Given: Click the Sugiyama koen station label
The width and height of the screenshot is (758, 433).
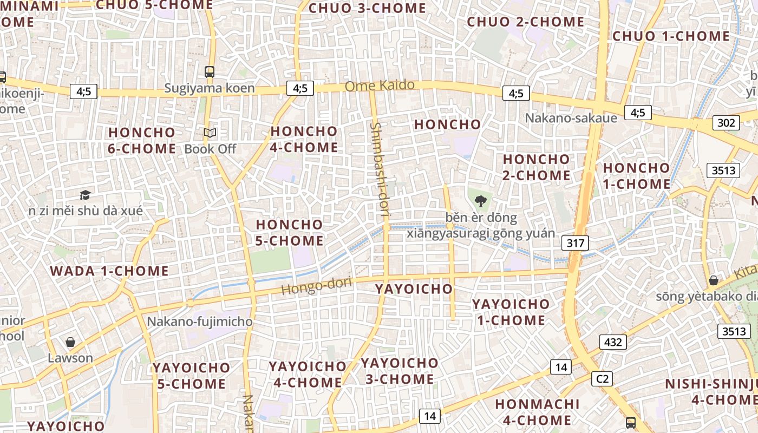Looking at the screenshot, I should coord(209,88).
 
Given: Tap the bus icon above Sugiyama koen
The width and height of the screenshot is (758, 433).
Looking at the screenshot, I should coord(210,71).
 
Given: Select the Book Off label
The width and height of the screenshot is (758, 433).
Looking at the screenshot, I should coord(210,149).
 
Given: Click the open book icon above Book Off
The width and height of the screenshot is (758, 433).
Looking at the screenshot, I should coord(210,133).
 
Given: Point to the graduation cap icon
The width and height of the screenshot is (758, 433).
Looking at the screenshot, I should coord(85,195).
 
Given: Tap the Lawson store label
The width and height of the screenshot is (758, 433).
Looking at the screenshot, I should coord(70,358).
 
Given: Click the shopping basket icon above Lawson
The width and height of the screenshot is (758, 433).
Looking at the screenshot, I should coord(70,342).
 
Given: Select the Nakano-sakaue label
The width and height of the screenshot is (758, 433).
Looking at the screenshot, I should coord(571,118).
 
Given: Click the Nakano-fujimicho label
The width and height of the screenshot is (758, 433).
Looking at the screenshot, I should coord(200,322).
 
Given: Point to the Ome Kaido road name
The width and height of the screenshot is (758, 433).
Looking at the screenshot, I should coord(380,86).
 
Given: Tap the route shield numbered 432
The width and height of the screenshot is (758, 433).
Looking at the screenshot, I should coord(612,342).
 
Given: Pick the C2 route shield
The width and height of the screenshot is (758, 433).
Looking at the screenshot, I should coord(602,379).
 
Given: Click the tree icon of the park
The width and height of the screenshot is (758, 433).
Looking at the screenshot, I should coord(480,202).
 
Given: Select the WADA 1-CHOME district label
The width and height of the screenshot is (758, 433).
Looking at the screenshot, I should coord(109,271).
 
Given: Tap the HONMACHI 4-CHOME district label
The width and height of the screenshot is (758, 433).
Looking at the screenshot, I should coord(533,412).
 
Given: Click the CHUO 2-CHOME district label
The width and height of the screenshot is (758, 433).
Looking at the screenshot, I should coord(525,22).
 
